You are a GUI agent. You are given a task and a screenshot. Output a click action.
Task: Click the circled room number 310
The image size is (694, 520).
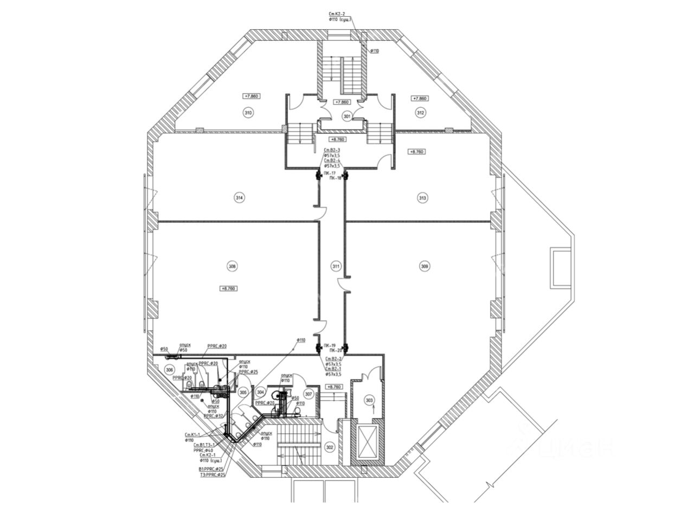pos(248,113)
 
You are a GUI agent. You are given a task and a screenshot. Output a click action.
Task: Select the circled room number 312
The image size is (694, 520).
pos(420,113)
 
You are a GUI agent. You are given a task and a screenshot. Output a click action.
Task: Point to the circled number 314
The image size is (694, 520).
pos(239,198)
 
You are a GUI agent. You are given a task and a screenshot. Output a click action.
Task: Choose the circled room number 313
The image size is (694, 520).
pos(423,198)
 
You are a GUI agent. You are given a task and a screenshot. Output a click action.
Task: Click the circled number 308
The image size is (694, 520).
pos(233,266)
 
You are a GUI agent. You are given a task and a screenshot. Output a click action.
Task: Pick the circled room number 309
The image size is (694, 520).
pos(425,266)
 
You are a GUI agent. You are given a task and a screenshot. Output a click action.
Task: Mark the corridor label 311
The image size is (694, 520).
pos(336,266)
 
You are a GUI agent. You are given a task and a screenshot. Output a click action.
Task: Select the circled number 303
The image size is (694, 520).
pos(369,401)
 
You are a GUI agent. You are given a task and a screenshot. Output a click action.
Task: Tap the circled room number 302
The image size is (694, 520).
pos(330,447)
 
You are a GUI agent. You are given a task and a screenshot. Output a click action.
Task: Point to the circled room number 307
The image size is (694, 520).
pos(309,394)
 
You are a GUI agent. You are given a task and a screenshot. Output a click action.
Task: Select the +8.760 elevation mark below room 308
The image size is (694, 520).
pos(229,288)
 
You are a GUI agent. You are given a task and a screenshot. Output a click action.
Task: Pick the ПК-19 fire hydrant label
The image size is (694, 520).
pos(328,345)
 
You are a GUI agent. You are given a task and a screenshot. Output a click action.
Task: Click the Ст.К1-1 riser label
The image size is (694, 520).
pos(193,435)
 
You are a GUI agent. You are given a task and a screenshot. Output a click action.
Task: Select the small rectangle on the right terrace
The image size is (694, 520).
pos(558,268)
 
